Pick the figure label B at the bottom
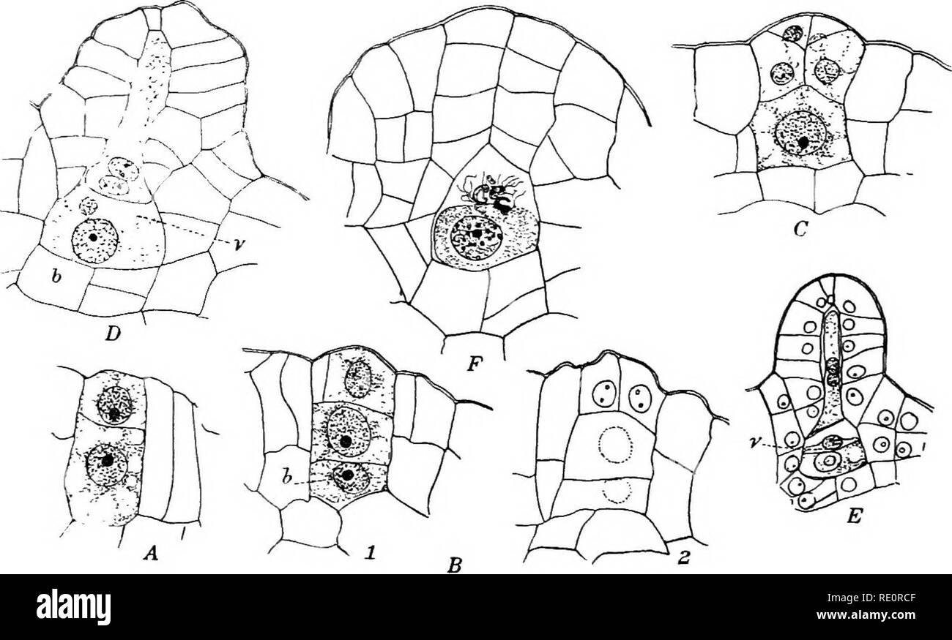coord(455,566)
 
